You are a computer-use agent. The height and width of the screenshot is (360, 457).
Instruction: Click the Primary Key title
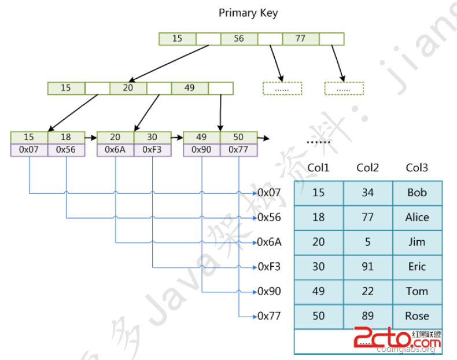[x=248, y=13]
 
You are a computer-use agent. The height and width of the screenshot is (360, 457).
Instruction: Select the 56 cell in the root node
[x=239, y=39]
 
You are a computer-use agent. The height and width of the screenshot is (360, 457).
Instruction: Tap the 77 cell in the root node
[x=300, y=39]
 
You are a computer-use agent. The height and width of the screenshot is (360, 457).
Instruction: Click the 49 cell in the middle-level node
[x=189, y=88]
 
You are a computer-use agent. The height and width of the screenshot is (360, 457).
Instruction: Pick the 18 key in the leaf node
[x=66, y=137]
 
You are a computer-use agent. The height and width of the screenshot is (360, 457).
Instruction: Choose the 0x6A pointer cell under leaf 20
[x=115, y=149]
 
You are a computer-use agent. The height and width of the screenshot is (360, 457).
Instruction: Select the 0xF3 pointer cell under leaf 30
[x=152, y=149]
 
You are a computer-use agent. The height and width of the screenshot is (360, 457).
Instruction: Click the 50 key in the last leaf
[x=238, y=137]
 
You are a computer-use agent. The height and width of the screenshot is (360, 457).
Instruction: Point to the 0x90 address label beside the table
[x=270, y=291]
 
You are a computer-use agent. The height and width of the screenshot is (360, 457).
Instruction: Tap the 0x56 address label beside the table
[x=270, y=218]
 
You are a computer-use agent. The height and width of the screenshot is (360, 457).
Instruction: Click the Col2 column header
[x=368, y=168]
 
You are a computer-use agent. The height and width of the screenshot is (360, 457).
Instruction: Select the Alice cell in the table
[x=417, y=218]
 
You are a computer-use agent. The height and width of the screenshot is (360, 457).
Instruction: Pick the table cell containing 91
[x=368, y=267]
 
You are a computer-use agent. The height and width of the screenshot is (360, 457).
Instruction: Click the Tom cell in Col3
[x=417, y=291]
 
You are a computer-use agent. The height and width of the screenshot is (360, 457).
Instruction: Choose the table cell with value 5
[x=368, y=242]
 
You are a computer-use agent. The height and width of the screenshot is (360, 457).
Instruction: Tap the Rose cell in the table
[x=417, y=316]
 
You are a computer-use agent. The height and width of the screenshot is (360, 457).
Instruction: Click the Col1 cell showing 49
[x=319, y=291]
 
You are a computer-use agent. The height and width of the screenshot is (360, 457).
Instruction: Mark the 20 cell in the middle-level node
[x=128, y=88]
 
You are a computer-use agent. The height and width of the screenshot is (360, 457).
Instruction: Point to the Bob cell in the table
[x=417, y=193]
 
